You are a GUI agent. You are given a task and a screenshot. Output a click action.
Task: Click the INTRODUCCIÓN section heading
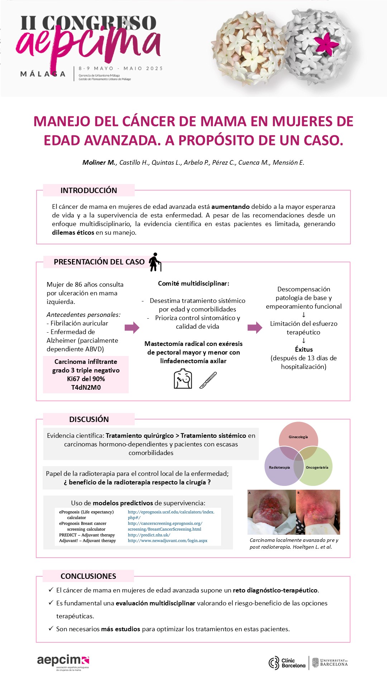pos(89,191)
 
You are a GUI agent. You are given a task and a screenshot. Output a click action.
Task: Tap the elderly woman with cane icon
pos(155,262)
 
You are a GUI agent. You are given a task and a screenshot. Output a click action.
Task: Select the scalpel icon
pos(208,380)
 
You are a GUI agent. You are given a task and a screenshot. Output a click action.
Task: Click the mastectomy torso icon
pos(183,379)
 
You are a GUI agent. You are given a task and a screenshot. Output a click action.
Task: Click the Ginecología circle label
pos(298,437)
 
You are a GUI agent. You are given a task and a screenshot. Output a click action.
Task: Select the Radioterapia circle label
pos(279,467)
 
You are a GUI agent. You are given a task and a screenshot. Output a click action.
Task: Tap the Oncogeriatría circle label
pos(317,467)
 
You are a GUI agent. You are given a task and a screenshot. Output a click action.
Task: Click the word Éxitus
pos(304,350)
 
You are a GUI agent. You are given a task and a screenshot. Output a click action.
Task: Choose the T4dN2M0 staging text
pos(86,388)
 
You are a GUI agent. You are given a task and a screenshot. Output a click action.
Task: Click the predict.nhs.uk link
pos(149,535)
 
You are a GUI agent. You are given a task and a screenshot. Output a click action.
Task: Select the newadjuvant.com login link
pos(167,541)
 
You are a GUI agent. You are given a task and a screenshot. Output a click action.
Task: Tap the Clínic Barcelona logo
pos(287,663)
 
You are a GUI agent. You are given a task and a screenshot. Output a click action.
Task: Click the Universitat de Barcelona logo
pos(330,662)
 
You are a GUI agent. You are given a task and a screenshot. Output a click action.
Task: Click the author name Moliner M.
pos(99,163)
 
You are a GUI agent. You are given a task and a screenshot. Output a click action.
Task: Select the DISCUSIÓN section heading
pos(89,419)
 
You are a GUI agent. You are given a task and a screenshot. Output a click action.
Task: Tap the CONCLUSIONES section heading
pos(88,576)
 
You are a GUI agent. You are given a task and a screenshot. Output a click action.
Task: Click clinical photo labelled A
pos(272,512)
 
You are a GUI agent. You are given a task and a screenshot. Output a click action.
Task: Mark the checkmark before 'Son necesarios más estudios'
pos(51,628)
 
